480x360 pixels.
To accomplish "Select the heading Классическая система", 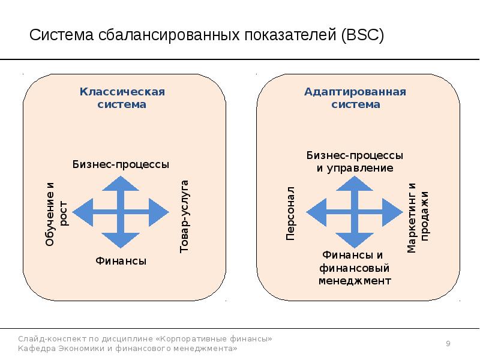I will [122, 98].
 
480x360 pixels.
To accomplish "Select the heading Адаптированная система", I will [356, 98].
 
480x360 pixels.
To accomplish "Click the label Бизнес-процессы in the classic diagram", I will [121, 164].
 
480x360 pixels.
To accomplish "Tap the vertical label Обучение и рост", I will [57, 214].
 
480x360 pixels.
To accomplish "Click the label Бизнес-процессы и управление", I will [355, 161].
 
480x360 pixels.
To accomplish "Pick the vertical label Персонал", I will [290, 214].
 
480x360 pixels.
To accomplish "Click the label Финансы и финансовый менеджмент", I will [355, 268].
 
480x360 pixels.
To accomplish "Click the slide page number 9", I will [448, 343].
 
